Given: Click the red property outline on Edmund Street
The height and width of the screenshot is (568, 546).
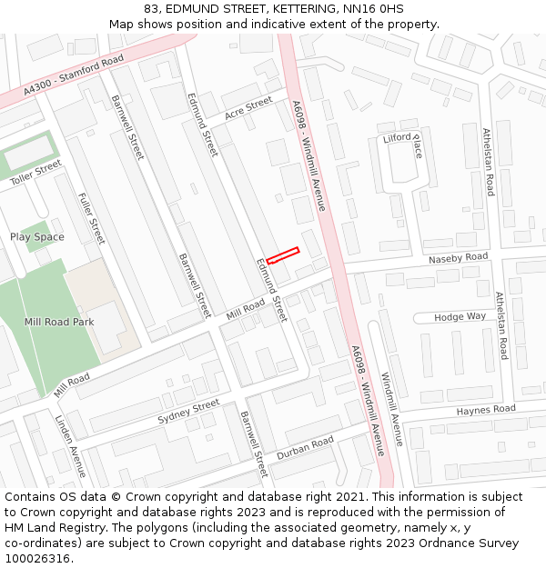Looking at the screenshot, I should [282, 256].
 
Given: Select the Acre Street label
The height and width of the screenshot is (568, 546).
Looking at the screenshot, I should [248, 110].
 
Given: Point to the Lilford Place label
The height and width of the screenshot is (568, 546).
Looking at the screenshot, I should [403, 144].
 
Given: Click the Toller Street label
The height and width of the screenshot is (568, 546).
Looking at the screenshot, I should [35, 173].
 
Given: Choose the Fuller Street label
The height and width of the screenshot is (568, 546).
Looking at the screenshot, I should [92, 219].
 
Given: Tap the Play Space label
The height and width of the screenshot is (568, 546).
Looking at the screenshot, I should [37, 237].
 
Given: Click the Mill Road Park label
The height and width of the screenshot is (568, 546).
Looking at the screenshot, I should [59, 322].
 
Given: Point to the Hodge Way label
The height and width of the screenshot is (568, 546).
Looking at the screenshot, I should [460, 316].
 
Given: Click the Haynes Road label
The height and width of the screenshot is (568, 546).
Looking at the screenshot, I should [486, 410].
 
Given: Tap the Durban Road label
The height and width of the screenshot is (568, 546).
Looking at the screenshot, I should [305, 447].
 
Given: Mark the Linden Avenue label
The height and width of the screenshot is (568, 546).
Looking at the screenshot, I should [70, 447].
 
